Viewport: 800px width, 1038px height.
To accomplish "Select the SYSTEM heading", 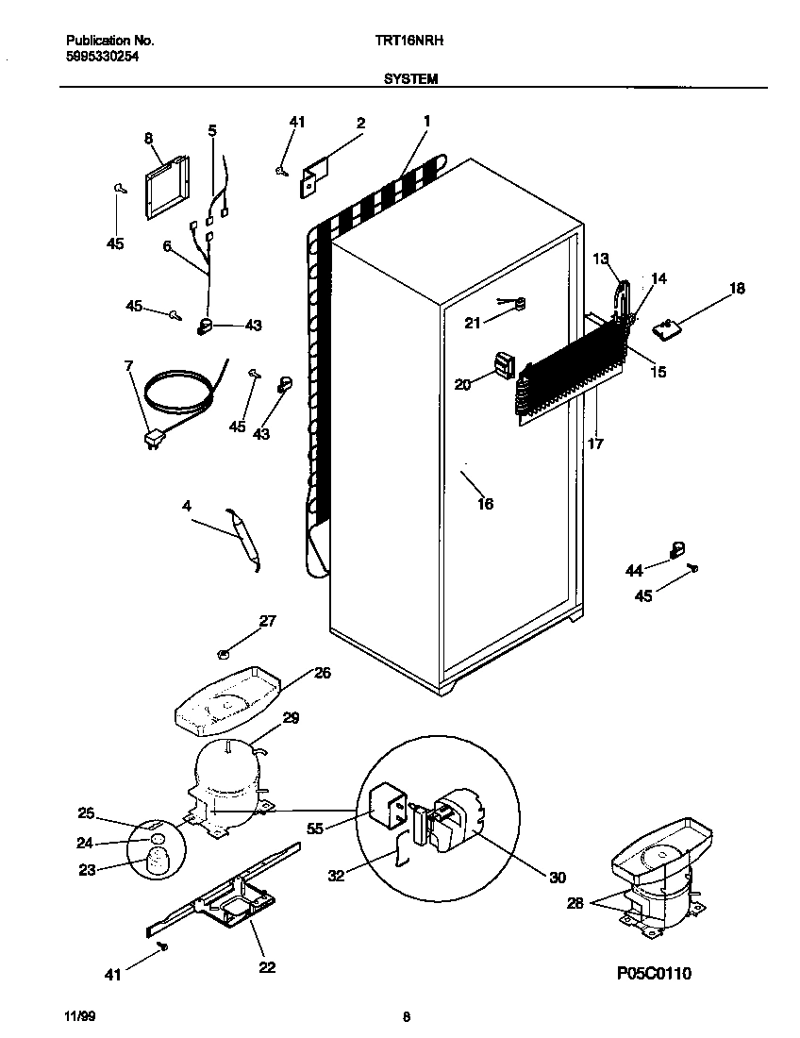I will [410, 80].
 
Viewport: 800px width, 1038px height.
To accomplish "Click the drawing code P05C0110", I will [655, 973].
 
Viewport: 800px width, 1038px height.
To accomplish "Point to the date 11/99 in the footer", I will [79, 1017].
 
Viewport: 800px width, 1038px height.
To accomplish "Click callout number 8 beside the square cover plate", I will [149, 138].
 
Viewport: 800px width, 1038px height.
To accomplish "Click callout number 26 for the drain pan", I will [323, 673].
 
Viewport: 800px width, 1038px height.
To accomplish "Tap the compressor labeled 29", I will [226, 769].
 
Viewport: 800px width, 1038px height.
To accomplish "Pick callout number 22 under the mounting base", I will [267, 967].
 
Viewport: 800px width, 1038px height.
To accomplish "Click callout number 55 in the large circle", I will [316, 829].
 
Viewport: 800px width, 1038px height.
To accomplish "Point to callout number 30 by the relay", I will [557, 878].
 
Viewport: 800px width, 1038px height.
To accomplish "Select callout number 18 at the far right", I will [737, 288].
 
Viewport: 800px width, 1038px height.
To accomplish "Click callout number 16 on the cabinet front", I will [486, 504].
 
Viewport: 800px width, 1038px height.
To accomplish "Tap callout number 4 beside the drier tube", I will [187, 507].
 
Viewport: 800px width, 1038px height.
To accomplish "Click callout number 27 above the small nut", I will [268, 620].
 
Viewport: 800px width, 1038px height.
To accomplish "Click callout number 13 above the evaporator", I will [601, 258].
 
